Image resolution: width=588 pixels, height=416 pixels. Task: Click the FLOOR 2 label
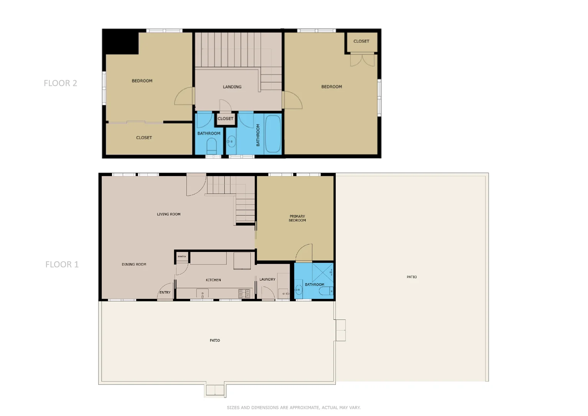[60, 83]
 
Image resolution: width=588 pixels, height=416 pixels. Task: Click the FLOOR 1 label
[62, 265]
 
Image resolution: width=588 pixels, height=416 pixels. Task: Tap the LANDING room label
[232, 87]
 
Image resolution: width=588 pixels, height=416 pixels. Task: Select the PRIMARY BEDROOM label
[297, 218]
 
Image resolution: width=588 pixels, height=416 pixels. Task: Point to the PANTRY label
[182, 257]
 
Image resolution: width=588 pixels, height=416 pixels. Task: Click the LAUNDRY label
[267, 280]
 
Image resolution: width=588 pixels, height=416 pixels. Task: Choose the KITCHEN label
[213, 280]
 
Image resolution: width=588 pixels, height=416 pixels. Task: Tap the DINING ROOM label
[134, 265]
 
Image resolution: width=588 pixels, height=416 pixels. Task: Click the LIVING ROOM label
[169, 214]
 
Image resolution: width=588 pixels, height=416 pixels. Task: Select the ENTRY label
[165, 293]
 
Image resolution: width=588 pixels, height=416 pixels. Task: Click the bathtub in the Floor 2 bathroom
[273, 134]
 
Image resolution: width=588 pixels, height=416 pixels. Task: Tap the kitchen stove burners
[244, 294]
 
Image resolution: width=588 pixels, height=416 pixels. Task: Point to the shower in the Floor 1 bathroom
[322, 273]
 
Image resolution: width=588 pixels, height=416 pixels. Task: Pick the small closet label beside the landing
[225, 119]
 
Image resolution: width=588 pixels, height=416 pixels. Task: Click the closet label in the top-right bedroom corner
[361, 41]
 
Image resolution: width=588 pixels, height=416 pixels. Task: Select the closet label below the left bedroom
[144, 138]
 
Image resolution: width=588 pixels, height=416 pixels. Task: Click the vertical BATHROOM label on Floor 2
[258, 135]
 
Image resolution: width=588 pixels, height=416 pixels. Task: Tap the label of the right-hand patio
[412, 277]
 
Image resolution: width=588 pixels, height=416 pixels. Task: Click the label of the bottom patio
[215, 341]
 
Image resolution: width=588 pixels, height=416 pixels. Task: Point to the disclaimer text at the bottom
[293, 408]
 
